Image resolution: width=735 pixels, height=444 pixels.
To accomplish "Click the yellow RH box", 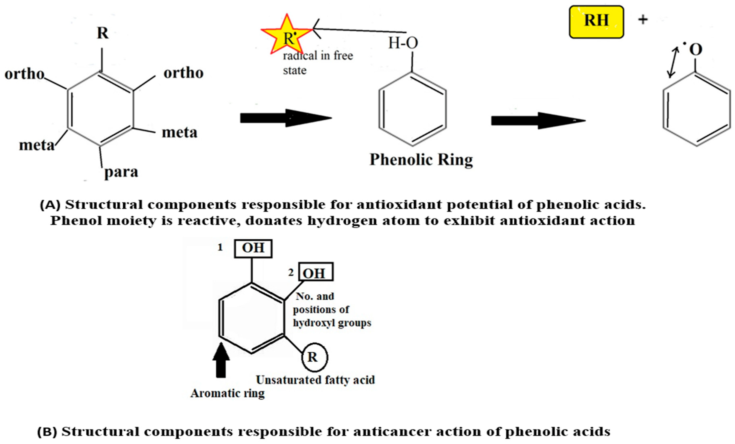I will click(596, 21).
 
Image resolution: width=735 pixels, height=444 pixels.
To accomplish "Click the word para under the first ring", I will click(121, 172).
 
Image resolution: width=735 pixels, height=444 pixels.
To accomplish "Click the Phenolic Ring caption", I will click(421, 160).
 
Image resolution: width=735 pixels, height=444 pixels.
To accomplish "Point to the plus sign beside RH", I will click(643, 20).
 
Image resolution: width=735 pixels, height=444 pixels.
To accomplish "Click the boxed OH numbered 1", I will click(253, 248).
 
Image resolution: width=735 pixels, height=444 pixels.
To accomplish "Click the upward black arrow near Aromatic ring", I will click(221, 360).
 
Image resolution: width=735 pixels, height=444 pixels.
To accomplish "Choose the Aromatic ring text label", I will click(227, 393).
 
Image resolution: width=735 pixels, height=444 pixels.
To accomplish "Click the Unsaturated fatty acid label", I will click(315, 380).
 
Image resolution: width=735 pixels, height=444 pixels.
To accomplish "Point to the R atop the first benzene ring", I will click(103, 33).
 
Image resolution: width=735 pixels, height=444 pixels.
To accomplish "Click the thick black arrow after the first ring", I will click(286, 118).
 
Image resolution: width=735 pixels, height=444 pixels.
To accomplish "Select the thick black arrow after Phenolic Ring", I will click(538, 121).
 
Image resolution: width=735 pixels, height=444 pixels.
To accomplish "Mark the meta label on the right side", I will click(179, 133).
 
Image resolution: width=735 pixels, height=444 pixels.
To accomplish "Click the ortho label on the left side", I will click(24, 74).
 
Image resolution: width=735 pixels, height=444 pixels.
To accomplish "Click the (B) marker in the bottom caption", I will click(47, 432).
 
